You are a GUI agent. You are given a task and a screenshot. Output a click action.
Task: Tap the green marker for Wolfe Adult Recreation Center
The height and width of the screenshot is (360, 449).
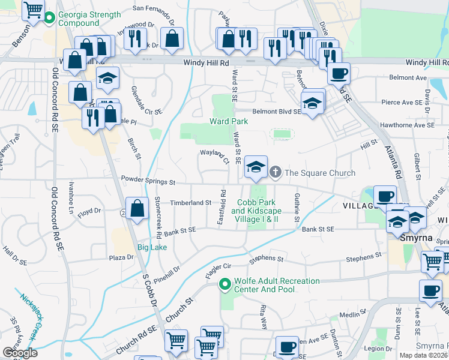pos(225,284)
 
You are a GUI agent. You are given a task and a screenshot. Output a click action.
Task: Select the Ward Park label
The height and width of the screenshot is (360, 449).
pos(229,121)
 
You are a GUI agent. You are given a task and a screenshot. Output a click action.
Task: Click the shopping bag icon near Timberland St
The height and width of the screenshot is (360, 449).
pos(137,209)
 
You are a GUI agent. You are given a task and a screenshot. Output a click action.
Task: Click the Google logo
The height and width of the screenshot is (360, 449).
pos(20,353)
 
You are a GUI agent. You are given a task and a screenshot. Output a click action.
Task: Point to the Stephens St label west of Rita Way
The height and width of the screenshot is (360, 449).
pos(267,259)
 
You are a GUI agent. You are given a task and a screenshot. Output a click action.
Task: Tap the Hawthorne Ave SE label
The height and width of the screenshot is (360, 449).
pos(408,125)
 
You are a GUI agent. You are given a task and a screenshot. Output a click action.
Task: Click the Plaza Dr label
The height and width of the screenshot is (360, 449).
pos(121,257)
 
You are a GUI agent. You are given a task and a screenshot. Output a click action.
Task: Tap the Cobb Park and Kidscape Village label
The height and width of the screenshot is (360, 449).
pos(255,211)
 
